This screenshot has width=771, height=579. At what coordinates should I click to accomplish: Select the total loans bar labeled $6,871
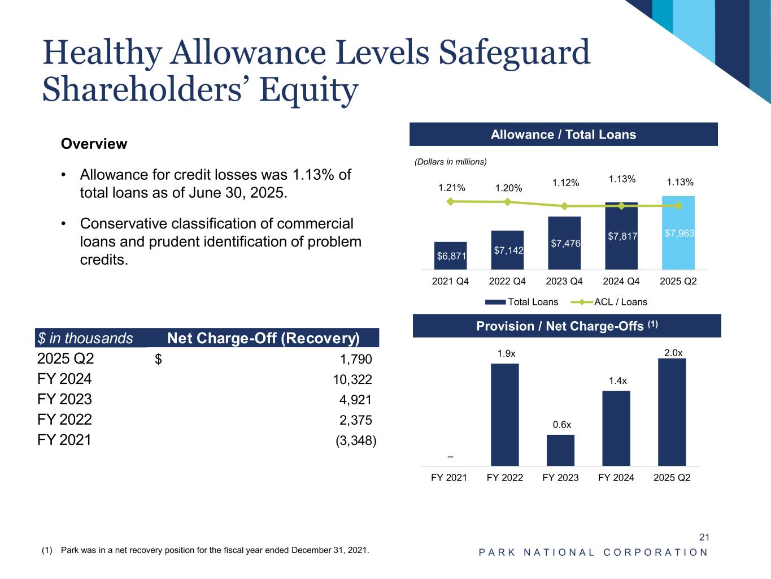450,256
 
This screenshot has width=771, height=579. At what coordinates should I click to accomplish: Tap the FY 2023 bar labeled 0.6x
560,450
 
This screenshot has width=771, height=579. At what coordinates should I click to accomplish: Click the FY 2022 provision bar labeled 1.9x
504,414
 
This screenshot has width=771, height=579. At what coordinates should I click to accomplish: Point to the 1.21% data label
451,188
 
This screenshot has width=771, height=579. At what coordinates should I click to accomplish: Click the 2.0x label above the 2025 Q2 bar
673,353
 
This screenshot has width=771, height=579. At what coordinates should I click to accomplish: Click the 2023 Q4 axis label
564,281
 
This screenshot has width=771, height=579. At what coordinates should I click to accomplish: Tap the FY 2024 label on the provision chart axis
616,478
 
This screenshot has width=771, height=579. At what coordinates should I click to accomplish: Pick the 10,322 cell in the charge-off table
352,379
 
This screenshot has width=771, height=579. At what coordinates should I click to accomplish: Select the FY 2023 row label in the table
64,400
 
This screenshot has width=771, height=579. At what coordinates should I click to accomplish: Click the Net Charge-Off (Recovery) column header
263,338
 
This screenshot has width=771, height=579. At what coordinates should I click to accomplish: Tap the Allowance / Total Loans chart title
563,135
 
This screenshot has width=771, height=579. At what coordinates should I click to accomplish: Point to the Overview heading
94,144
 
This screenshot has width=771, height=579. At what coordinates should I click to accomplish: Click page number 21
704,537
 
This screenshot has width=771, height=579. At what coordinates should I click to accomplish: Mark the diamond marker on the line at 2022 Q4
508,202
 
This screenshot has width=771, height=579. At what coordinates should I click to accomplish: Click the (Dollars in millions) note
450,162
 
